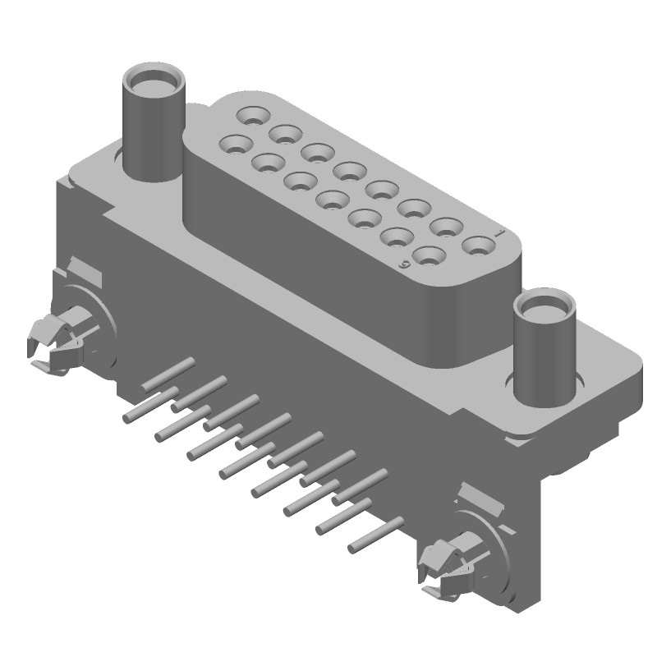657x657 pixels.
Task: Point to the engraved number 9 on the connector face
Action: [x=403, y=264]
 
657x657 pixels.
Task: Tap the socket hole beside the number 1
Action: [x=476, y=245]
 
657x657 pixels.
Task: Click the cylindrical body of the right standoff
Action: [x=543, y=357]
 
